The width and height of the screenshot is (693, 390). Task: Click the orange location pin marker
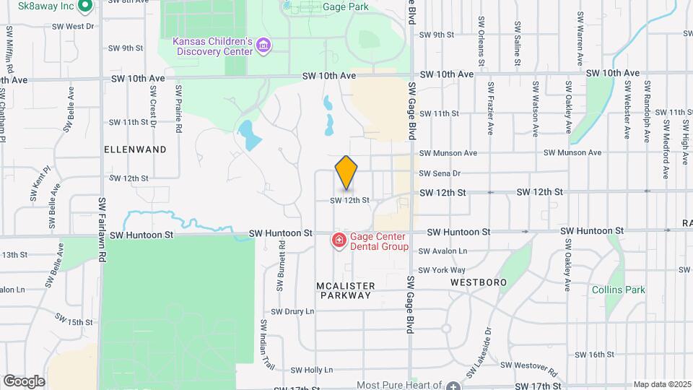tap(346, 173)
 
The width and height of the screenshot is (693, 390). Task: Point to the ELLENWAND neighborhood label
tap(136, 149)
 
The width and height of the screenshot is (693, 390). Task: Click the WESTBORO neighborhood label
tap(479, 282)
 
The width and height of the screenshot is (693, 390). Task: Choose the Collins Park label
tap(618, 290)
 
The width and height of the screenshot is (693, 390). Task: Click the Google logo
tap(25, 381)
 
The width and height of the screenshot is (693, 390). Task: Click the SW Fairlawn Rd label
tap(103, 230)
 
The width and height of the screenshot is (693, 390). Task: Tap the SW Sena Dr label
tap(440, 173)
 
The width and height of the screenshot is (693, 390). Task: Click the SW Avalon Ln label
tap(443, 251)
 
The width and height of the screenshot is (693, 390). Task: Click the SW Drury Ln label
tap(292, 311)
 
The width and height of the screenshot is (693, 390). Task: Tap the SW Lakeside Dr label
tap(479, 353)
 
